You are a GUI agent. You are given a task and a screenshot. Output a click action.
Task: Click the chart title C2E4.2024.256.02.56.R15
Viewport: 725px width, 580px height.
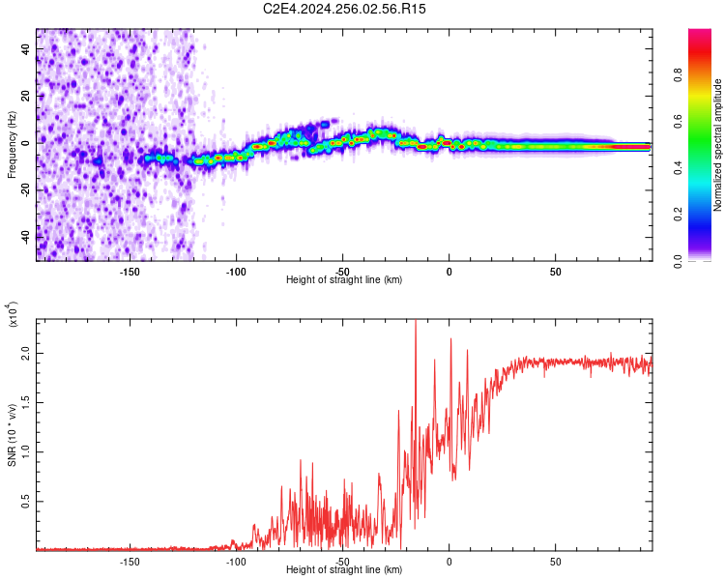point(345,9)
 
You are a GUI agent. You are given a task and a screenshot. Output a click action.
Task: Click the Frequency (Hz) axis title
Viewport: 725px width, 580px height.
point(12,144)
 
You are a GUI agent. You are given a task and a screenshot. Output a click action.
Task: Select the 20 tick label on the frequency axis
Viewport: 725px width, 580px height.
point(27,96)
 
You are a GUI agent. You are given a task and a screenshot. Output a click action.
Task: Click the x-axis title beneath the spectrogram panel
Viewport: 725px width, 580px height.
point(344,280)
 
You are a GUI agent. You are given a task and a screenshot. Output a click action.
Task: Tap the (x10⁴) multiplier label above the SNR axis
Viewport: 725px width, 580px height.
point(12,315)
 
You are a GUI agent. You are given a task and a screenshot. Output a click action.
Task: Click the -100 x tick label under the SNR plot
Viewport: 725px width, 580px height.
point(236,561)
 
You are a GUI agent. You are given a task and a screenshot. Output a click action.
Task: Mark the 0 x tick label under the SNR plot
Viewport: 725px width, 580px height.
point(449,561)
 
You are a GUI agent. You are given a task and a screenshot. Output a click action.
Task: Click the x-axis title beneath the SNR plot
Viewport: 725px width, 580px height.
point(344,570)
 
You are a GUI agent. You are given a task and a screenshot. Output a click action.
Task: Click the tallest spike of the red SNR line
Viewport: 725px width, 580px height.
point(416,322)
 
